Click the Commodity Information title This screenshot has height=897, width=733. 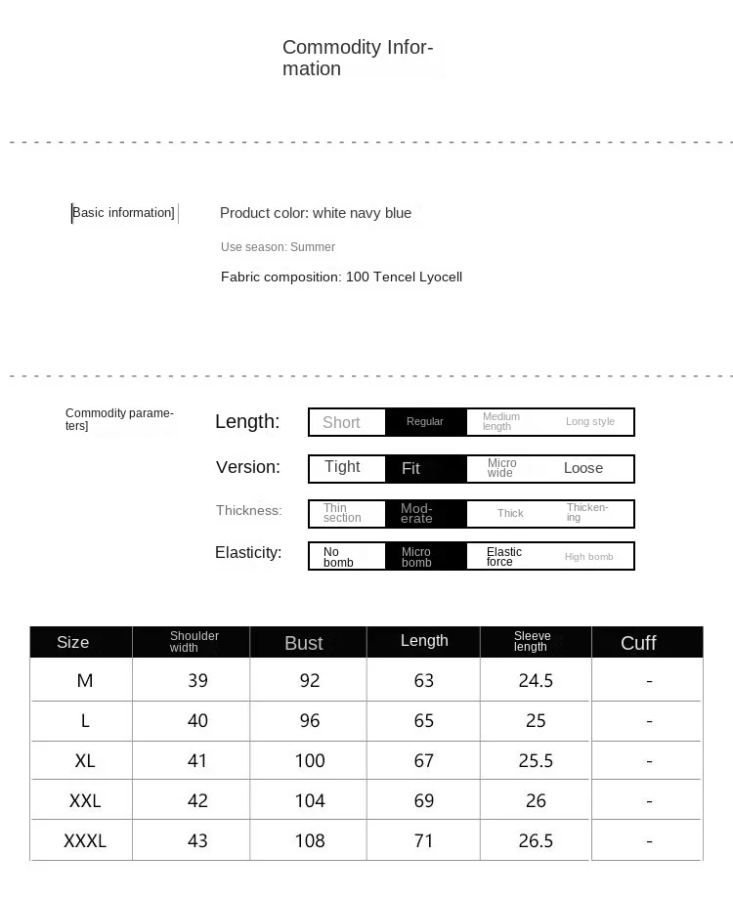358,58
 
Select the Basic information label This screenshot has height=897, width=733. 123,213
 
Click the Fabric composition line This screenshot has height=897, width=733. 341,277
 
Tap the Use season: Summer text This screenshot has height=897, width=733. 278,247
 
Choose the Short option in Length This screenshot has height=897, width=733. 341,422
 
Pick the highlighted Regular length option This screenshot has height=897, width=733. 425,421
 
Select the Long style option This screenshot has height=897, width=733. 590,421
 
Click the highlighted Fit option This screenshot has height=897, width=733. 411,469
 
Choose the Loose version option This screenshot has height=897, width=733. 583,468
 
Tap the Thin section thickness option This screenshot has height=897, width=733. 342,513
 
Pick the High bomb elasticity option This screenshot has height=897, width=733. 589,557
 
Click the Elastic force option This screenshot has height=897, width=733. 504,556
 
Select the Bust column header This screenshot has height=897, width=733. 304,643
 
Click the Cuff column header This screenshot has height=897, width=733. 638,643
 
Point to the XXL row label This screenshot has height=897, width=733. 85,800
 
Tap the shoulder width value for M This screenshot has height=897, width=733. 197,680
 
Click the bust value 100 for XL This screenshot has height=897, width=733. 310,760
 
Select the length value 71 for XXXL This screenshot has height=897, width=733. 423,840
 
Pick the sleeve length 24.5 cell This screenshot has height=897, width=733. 536,680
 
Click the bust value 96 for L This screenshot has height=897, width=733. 310,720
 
